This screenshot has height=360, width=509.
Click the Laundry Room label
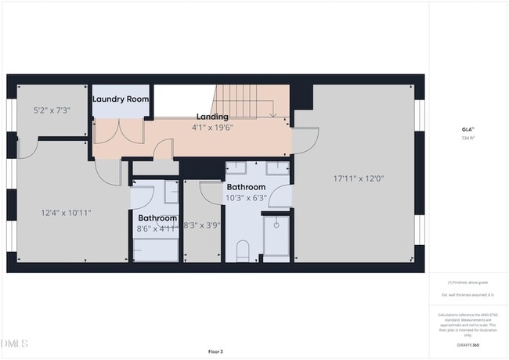pos(121,99)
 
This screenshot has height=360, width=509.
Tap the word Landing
pos(212,117)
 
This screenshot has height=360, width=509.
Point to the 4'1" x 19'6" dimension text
pos(212,127)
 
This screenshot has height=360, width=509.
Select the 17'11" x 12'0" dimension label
pos(359,178)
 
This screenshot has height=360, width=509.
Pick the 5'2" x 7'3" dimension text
pos(52,110)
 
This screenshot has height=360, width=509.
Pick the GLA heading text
pos(467,129)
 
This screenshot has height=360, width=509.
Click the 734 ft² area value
pos(467,138)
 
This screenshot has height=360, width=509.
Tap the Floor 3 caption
pos(215,351)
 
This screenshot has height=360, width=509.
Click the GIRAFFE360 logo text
pos(467,344)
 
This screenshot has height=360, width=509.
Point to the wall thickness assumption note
pos(467,294)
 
